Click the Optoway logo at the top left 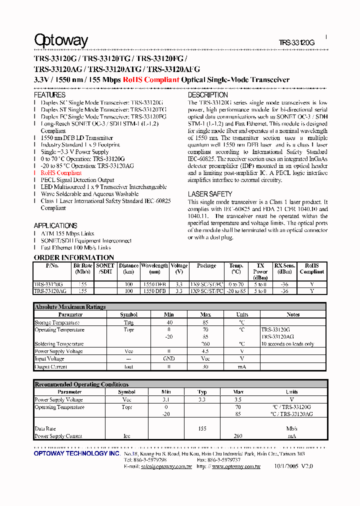pos(60,40)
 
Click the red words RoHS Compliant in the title pos(151,79)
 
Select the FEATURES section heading pos(49,95)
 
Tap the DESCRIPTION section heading pos(207,95)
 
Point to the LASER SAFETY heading pos(209,194)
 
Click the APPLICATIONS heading pos(55,225)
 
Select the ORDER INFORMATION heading pos(73,257)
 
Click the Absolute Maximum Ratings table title pos(70,307)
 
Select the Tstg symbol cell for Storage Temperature pos(128,322)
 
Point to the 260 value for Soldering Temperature pos(205,344)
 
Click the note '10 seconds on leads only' pos(287,344)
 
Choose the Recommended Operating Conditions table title pos(81,384)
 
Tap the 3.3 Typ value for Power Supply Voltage pos(202,400)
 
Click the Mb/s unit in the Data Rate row pos(291,428)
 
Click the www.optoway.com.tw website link pos(236,466)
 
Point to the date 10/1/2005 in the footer pos(285,466)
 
